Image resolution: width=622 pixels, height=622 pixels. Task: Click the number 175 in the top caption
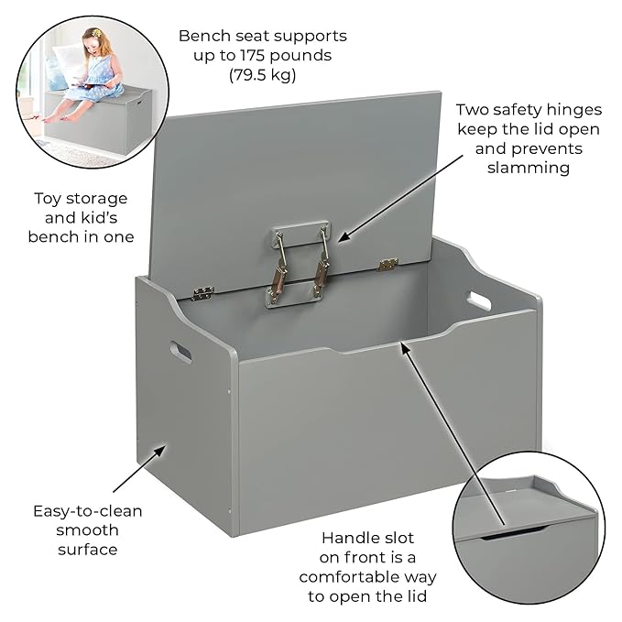pyautogui.click(x=248, y=56)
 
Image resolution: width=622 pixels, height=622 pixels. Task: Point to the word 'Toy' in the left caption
pyautogui.click(x=49, y=198)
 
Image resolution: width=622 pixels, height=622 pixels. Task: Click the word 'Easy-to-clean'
pyautogui.click(x=88, y=510)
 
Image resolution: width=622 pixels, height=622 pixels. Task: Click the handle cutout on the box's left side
pyautogui.click(x=180, y=351)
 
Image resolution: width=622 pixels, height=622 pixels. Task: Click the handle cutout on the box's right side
pyautogui.click(x=478, y=299)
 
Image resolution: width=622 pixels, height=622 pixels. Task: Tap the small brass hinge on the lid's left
pyautogui.click(x=203, y=293)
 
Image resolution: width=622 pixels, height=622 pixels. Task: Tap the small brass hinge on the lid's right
pyautogui.click(x=387, y=265)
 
